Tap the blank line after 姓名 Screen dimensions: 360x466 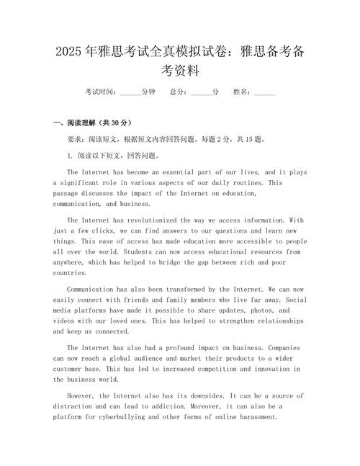(265, 93)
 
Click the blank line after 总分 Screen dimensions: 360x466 (202, 93)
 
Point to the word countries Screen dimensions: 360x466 (70, 274)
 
